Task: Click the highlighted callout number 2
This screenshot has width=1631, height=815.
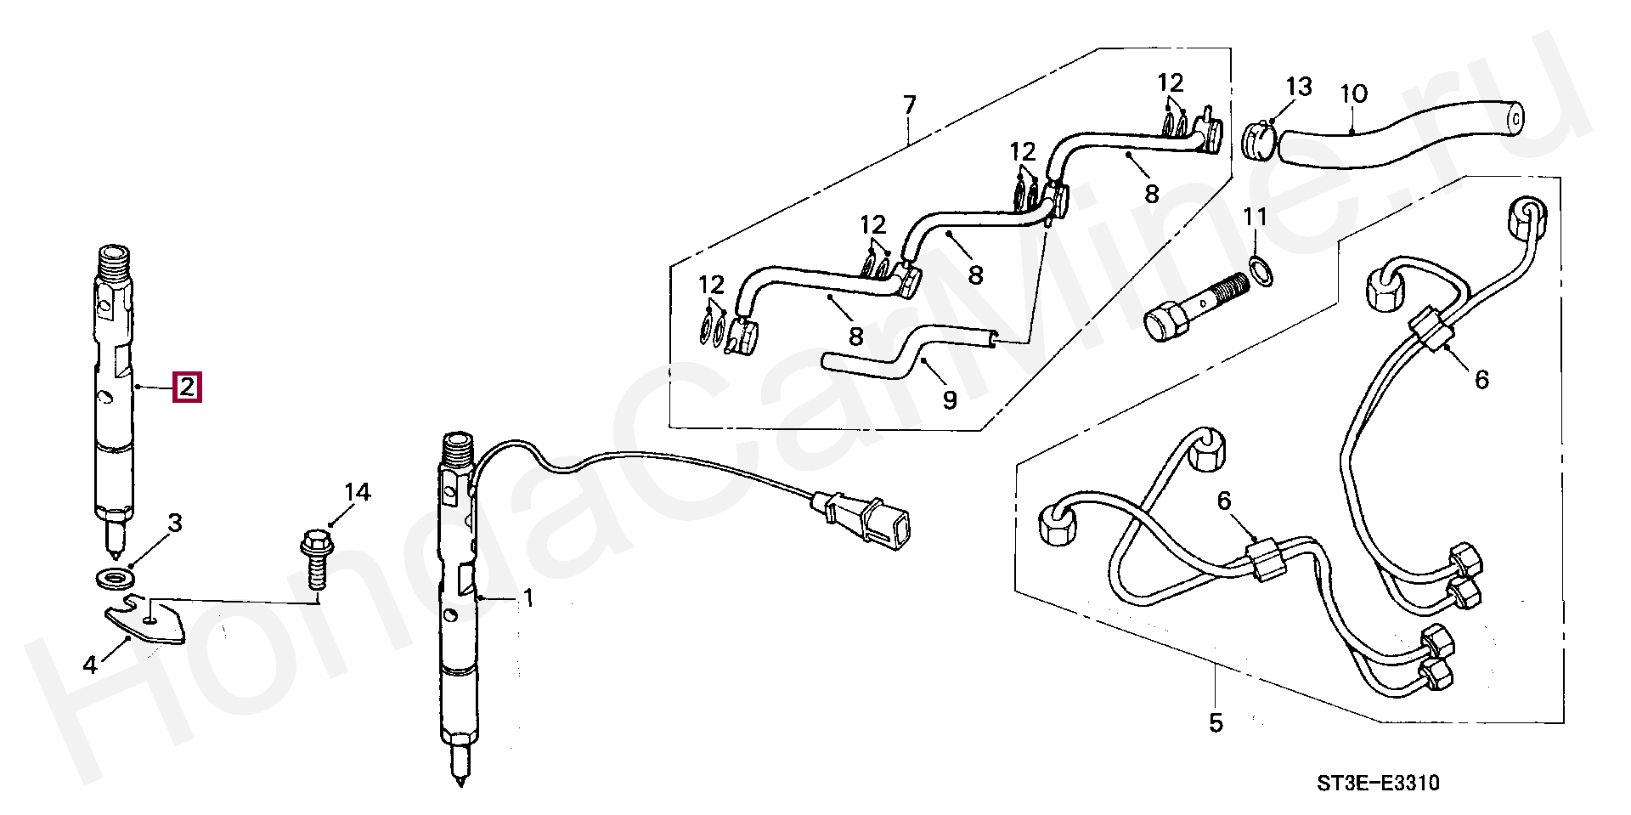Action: (x=187, y=388)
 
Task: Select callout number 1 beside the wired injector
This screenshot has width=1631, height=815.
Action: (x=528, y=599)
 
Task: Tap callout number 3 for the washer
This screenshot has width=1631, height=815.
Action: (x=174, y=522)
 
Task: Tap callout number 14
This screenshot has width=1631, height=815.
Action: (x=358, y=492)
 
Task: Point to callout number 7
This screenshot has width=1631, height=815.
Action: (x=909, y=106)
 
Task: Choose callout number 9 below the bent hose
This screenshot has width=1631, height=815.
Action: (x=950, y=398)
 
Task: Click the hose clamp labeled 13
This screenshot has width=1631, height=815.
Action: (x=1261, y=141)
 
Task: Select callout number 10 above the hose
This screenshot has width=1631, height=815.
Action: (x=1354, y=93)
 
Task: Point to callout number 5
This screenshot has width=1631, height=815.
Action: (x=1216, y=723)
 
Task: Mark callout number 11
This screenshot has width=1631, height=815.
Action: (x=1256, y=217)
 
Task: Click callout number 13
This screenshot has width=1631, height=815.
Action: (x=1299, y=87)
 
